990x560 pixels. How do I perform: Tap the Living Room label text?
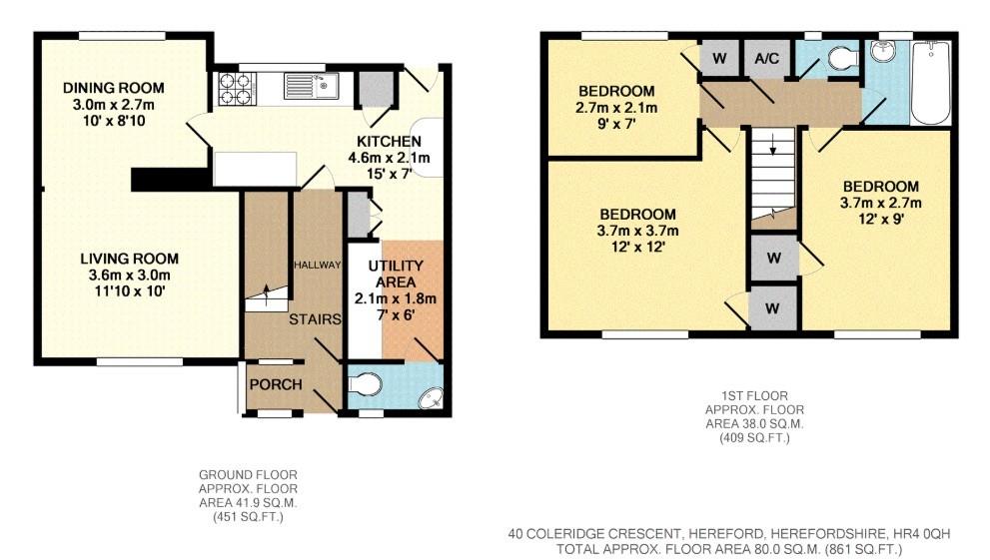click(123, 259)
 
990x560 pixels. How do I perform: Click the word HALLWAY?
click(318, 265)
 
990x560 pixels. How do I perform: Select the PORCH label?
click(275, 385)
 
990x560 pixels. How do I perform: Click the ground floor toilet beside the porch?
click(367, 383)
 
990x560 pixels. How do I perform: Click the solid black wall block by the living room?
click(170, 178)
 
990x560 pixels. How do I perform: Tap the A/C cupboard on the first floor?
click(766, 59)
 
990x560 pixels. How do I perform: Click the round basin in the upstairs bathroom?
click(884, 52)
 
